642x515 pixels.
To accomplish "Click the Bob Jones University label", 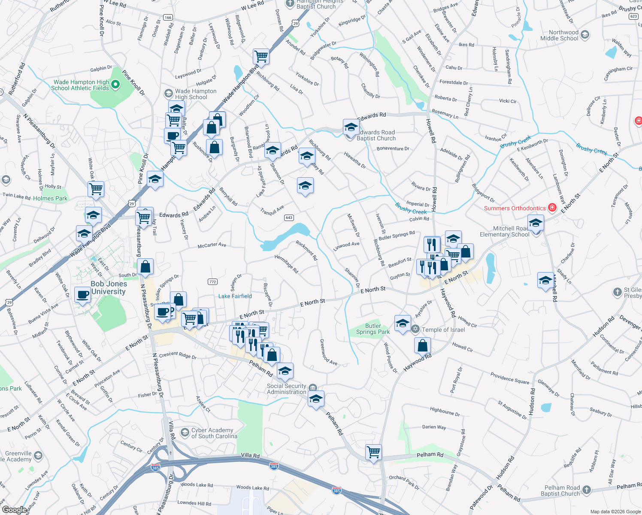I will [109, 288].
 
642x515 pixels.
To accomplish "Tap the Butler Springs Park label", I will [373, 329].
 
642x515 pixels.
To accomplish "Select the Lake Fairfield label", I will [235, 296].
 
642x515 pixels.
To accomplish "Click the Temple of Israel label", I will [443, 330].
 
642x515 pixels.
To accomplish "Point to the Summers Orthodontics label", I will [515, 208].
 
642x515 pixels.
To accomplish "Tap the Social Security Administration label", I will [287, 389].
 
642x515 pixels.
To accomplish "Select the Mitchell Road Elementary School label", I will [505, 231].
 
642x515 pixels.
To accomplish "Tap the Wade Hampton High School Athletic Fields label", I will [80, 85].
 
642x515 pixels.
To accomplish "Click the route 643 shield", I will [289, 218].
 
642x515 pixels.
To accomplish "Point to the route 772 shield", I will [212, 282].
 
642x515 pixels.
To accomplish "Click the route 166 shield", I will [168, 18].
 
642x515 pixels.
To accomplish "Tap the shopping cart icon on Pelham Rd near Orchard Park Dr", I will [373, 452].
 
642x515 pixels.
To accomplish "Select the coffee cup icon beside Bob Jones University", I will [82, 295].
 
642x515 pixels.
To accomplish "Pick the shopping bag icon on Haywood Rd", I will [423, 345].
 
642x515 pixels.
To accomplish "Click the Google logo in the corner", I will [14, 510].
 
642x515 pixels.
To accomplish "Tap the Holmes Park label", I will [50, 198].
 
